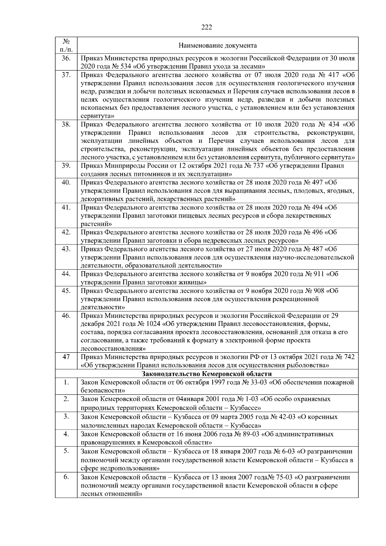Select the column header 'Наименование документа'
[217, 46]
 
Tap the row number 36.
[66, 59]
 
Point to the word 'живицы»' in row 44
[193, 282]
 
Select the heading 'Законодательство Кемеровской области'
[207, 374]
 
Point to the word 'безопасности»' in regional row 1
[103, 391]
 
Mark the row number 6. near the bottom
[66, 477]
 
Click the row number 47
[66, 357]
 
